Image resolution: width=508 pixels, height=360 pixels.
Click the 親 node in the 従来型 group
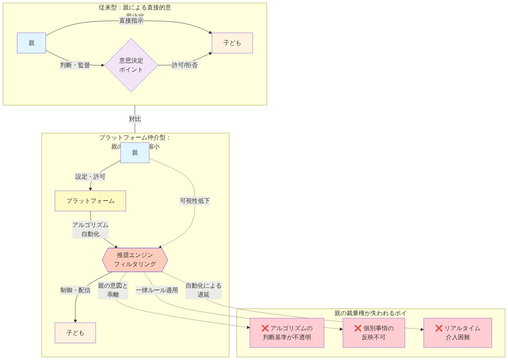[x=31, y=43]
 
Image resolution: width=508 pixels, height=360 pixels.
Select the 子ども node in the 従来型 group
[x=232, y=43]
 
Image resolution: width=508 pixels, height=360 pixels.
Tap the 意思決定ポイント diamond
[x=131, y=65]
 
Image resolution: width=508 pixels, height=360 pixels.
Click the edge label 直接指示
[x=131, y=21]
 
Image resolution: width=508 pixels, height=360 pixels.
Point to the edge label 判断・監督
[x=75, y=65]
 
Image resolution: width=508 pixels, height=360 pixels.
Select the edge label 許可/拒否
[x=184, y=65]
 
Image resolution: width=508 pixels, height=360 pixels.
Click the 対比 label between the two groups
[x=135, y=119]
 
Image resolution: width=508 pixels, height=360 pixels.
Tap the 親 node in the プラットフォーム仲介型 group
[x=135, y=153]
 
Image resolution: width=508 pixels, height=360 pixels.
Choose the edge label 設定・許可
[x=90, y=177]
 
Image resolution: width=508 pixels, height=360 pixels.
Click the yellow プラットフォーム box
[x=90, y=201]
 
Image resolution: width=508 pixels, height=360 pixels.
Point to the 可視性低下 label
[x=195, y=201]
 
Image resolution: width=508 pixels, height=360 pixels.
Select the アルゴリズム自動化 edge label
[x=91, y=230]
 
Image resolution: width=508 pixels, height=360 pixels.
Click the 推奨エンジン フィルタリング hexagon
[x=135, y=260]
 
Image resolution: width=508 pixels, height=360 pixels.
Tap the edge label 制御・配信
[x=75, y=290]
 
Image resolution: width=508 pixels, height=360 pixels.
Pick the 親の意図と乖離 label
[x=113, y=290]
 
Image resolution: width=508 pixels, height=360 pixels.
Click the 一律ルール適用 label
[x=157, y=290]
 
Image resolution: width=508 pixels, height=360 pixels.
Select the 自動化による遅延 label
[x=203, y=290]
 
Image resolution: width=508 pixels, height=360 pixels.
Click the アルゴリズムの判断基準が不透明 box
[x=287, y=333]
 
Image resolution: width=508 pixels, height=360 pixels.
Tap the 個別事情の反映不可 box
[x=373, y=333]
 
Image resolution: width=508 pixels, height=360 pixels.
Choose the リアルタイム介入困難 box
[x=457, y=333]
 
